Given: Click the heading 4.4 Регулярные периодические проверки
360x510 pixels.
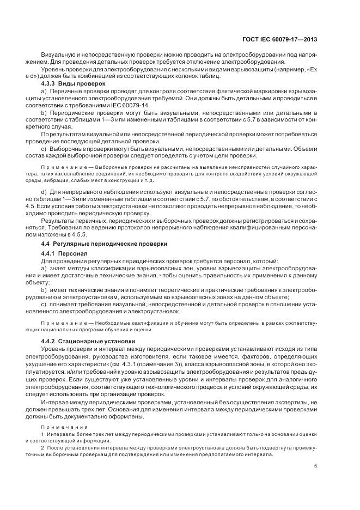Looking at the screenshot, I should point(106,243).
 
